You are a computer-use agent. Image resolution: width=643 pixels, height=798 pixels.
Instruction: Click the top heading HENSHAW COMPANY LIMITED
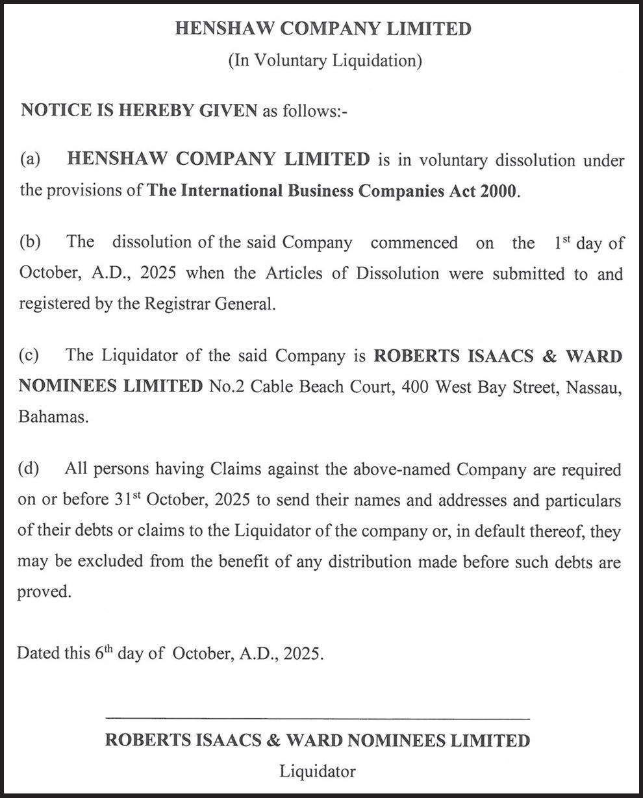(323, 29)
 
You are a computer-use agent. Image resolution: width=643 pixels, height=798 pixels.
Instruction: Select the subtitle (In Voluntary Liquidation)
(325, 61)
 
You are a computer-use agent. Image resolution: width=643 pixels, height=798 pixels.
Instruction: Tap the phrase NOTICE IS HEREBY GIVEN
(139, 110)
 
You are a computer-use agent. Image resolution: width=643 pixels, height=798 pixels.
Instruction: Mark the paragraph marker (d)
(30, 469)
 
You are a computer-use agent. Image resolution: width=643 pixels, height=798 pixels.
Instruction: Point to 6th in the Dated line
(104, 653)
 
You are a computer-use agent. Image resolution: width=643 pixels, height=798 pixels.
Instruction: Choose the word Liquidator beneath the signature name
(318, 771)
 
